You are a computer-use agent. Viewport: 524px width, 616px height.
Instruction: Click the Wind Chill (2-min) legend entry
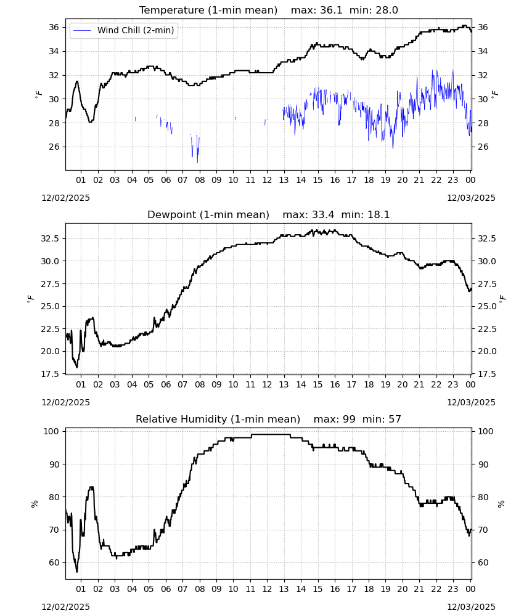[124, 30]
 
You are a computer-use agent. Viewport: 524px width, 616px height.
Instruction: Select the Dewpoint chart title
[208, 215]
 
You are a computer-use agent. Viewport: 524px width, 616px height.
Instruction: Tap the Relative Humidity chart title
[218, 419]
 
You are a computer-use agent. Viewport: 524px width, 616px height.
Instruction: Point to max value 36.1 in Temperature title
[316, 10]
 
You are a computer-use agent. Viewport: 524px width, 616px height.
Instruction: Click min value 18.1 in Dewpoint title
[365, 215]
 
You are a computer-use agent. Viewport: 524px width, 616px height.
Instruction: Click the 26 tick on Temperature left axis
[54, 147]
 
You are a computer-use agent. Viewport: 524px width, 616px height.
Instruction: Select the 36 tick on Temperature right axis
[483, 28]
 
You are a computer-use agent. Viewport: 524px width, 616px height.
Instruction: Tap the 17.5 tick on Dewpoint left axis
[51, 374]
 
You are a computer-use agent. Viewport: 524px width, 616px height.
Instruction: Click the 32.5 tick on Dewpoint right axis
[486, 239]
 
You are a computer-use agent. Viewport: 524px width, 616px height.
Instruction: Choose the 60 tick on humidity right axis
[483, 562]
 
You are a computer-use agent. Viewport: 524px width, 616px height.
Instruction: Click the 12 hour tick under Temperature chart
[268, 180]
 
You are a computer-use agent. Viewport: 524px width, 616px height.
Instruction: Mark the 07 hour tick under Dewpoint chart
[183, 384]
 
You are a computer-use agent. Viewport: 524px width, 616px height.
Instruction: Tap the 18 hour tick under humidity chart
[369, 590]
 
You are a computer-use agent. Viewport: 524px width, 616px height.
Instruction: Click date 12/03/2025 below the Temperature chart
[472, 198]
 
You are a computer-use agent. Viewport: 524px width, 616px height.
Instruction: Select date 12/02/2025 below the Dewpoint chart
[65, 403]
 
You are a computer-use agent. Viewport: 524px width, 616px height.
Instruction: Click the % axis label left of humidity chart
[35, 504]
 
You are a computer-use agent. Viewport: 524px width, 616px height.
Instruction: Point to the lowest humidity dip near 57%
[77, 572]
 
